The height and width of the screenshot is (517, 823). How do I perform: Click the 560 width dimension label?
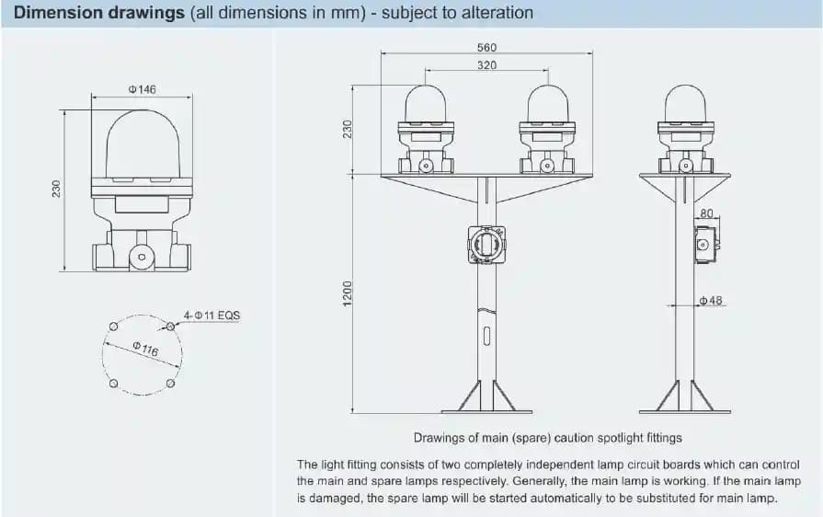click(x=486, y=47)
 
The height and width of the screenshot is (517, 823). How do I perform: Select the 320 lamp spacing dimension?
click(x=486, y=65)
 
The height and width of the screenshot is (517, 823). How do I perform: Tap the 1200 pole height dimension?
click(x=347, y=294)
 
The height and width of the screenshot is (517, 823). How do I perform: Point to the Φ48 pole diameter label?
click(x=711, y=301)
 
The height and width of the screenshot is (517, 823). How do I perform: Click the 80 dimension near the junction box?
click(x=706, y=213)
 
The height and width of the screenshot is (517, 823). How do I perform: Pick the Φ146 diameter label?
click(x=143, y=89)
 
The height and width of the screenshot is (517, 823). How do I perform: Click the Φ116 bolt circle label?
click(x=145, y=349)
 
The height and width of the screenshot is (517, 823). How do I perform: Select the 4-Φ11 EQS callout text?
click(x=211, y=316)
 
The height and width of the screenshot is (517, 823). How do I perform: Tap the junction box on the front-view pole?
click(x=486, y=244)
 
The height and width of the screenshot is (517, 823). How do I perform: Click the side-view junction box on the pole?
click(x=706, y=244)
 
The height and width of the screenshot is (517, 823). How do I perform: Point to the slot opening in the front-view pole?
click(x=486, y=336)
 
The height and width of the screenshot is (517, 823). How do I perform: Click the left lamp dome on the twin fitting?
click(x=426, y=104)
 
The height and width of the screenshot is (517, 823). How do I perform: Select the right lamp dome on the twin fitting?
click(x=547, y=104)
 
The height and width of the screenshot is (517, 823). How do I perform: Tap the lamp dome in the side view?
click(x=685, y=104)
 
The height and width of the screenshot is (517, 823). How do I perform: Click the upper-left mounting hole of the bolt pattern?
click(x=113, y=327)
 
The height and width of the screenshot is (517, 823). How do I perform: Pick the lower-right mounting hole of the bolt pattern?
click(x=170, y=384)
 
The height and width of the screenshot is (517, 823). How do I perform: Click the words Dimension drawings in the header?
click(x=98, y=13)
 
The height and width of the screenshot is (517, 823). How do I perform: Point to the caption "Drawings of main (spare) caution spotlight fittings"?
click(x=547, y=438)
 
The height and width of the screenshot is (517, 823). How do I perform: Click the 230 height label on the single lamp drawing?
click(x=56, y=189)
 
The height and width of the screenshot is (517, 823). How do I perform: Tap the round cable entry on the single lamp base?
click(x=142, y=257)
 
